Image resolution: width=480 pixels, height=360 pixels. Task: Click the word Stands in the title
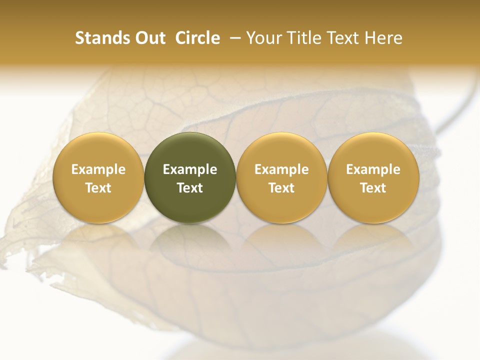point(101,38)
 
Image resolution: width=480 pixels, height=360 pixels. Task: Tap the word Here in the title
point(384,38)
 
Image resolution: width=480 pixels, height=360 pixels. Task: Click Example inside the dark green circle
point(190,169)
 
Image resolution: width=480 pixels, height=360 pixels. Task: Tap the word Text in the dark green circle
point(190,188)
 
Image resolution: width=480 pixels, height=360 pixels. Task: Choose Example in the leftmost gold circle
point(98,169)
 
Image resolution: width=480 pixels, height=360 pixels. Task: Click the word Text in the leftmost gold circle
point(98,188)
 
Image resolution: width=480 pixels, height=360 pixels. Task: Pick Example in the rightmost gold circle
point(373,169)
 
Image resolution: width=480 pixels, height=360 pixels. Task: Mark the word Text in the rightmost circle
point(373,188)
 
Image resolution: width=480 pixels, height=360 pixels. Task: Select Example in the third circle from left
point(281,169)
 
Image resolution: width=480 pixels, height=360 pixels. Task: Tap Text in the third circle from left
point(281,188)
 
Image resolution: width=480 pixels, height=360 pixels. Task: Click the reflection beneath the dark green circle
point(190,240)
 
